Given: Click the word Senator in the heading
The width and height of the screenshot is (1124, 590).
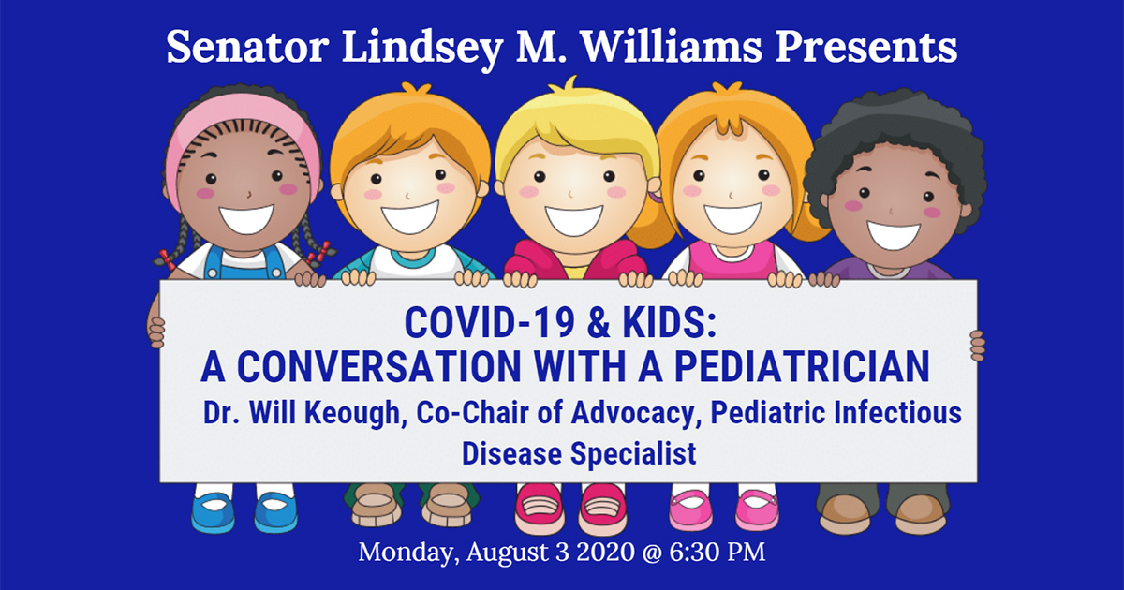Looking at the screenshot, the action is tap(247, 47).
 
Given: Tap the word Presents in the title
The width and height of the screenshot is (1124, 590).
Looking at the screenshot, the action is tap(866, 47).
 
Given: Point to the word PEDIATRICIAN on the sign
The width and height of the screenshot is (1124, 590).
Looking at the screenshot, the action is tap(802, 367).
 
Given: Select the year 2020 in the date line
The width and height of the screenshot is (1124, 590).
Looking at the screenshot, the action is tap(606, 552).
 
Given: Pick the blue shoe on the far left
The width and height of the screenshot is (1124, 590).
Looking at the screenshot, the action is tap(213, 510).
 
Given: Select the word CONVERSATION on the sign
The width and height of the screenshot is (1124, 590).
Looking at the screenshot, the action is tap(379, 367).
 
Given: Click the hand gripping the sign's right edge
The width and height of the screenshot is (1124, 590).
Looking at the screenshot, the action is tap(977, 346).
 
